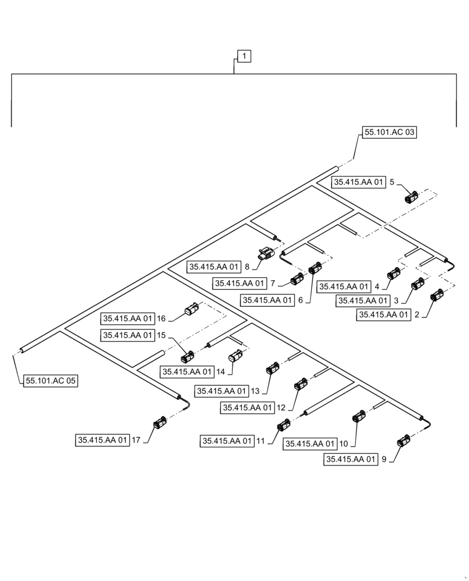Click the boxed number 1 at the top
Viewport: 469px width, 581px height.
click(244, 56)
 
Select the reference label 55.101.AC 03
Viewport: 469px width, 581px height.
click(389, 132)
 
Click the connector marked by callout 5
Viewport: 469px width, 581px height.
click(412, 198)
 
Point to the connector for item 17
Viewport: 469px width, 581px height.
click(159, 425)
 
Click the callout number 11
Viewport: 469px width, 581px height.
click(261, 442)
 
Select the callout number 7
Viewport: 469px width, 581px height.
click(273, 284)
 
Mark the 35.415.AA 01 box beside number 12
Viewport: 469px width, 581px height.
click(247, 408)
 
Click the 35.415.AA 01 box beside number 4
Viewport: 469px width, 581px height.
click(344, 286)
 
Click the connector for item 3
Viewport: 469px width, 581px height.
click(417, 285)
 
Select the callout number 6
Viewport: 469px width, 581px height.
click(300, 300)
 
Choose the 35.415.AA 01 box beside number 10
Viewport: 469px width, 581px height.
click(310, 444)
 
